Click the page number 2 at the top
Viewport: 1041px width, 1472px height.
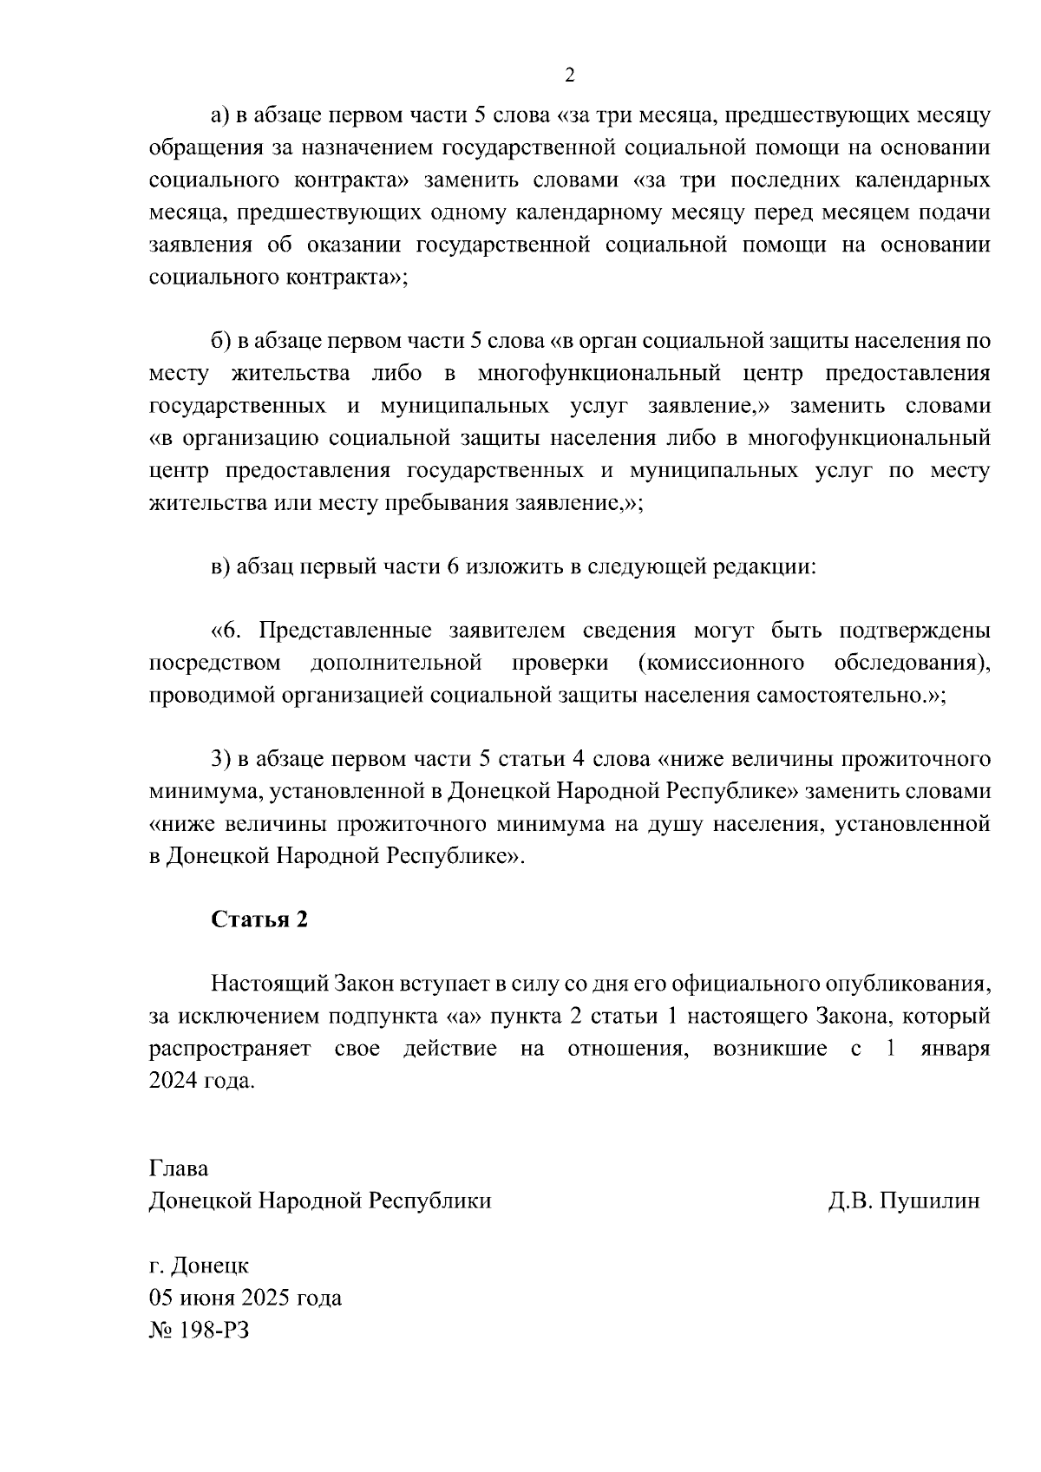[569, 75]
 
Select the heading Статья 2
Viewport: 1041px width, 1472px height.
[259, 919]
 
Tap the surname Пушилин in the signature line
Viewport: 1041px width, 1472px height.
[929, 1200]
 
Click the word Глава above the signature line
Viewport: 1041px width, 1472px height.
[179, 1168]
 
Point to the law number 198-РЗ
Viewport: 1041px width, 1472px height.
[200, 1330]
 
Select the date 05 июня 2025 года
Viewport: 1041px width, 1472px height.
[246, 1298]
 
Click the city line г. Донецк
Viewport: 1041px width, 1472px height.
[199, 1266]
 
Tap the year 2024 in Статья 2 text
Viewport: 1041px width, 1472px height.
[173, 1082]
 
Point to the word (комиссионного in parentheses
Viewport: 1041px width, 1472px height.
[720, 664]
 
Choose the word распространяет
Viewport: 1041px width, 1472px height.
[230, 1049]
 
